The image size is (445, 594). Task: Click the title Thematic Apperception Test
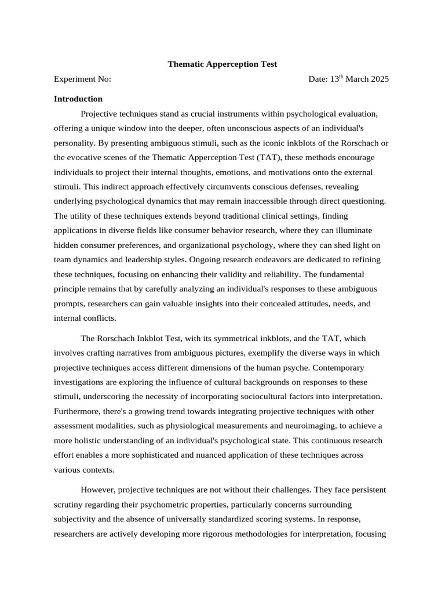[222, 64]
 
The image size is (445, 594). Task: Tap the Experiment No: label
[82, 79]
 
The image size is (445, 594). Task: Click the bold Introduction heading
[78, 99]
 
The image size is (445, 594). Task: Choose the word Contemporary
[340, 368]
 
